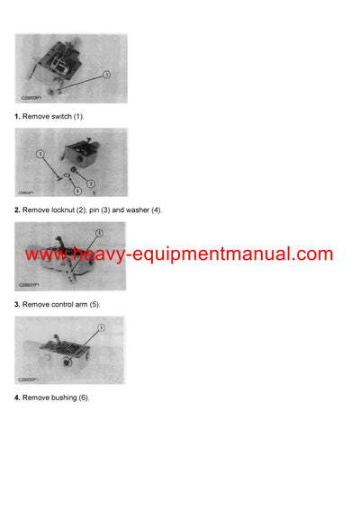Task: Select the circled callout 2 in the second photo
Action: click(91, 183)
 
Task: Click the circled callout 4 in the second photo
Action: click(76, 191)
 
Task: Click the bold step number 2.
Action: click(16, 210)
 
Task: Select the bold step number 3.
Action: click(16, 305)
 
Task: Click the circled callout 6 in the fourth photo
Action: click(102, 328)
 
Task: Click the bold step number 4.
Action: click(16, 397)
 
